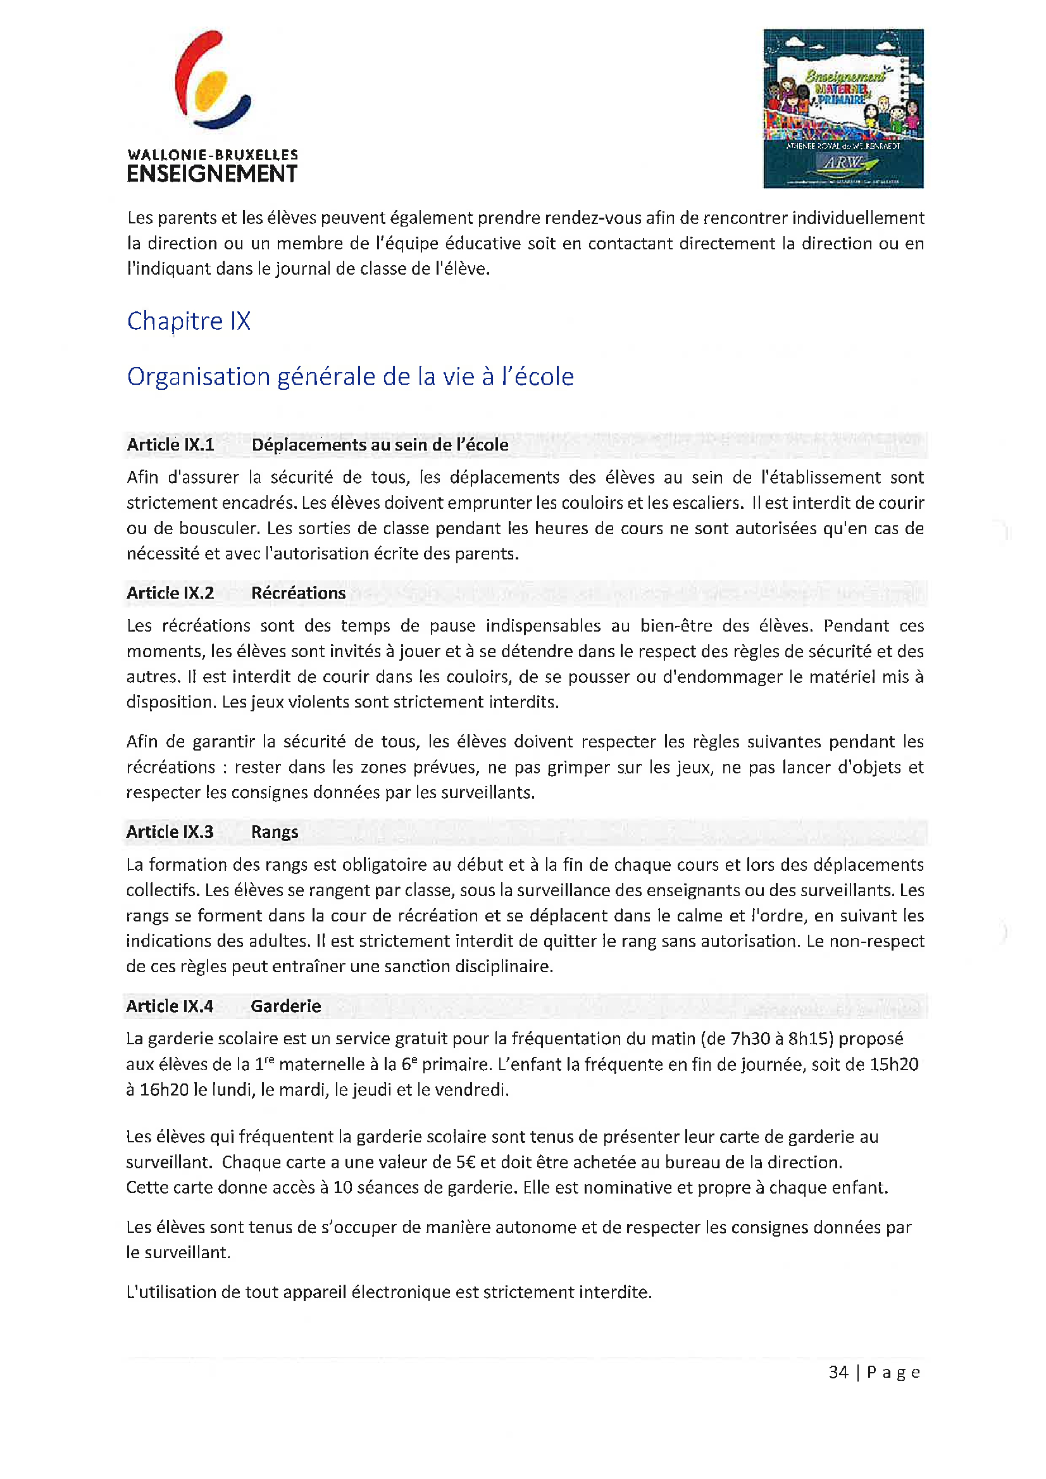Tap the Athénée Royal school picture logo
[x=842, y=108]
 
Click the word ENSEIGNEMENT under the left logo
[x=212, y=174]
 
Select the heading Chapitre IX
[x=188, y=321]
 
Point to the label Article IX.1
[x=170, y=445]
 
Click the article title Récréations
[x=298, y=593]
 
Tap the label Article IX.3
[x=170, y=832]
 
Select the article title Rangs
[x=275, y=832]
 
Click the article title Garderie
[x=286, y=1006]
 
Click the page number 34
[x=838, y=1373]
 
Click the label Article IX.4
[x=170, y=1006]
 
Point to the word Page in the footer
[x=893, y=1373]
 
